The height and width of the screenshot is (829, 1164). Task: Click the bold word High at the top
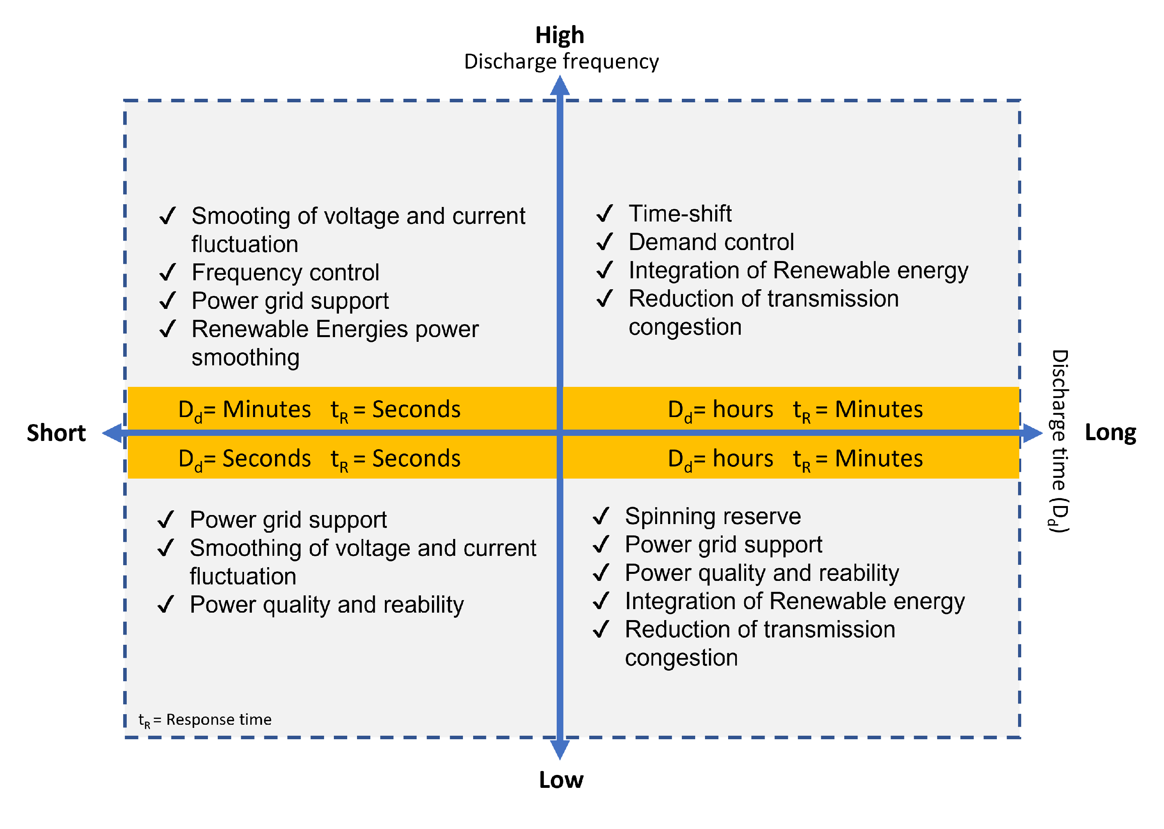(559, 35)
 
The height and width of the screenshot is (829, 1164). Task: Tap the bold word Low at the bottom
(561, 780)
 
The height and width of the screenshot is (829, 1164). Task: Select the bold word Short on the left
(56, 433)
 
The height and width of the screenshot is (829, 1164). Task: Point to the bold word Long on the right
(1110, 432)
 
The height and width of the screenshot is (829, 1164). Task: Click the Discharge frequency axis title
(561, 62)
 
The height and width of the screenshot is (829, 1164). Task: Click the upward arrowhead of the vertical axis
(559, 86)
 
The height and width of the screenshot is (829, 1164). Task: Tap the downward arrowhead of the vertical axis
(559, 749)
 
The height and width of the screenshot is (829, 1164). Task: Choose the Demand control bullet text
(711, 242)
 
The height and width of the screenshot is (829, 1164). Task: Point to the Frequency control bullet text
(285, 272)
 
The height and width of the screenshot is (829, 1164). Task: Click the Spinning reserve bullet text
(712, 516)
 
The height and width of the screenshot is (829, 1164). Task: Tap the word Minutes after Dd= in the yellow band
(267, 409)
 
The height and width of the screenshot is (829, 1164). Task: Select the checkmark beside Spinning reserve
(601, 516)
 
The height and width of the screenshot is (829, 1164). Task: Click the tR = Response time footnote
(205, 720)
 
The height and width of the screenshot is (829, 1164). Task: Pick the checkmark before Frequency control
(168, 272)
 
